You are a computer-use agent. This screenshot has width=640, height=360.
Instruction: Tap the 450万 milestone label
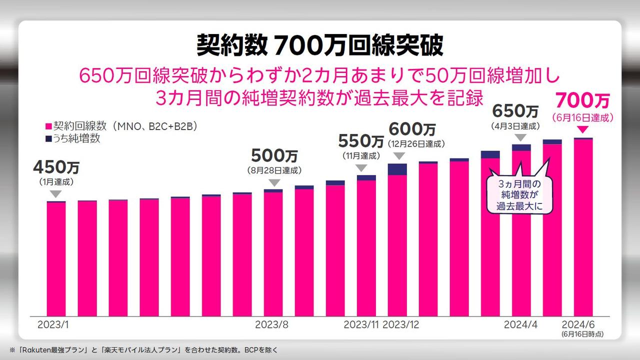(56, 167)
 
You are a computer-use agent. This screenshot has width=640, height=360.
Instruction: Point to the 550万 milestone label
(361, 141)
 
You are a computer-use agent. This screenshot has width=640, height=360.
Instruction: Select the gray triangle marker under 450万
(56, 193)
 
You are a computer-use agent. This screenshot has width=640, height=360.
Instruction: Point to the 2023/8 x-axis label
(271, 324)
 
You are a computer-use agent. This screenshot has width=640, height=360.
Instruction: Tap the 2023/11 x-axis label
(361, 324)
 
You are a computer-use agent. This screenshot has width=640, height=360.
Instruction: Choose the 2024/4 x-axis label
(520, 324)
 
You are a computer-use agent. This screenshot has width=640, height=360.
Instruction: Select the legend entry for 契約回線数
(120, 126)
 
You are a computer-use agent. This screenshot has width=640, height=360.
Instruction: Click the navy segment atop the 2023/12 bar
(397, 169)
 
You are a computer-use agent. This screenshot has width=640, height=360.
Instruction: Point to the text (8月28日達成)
(274, 170)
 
